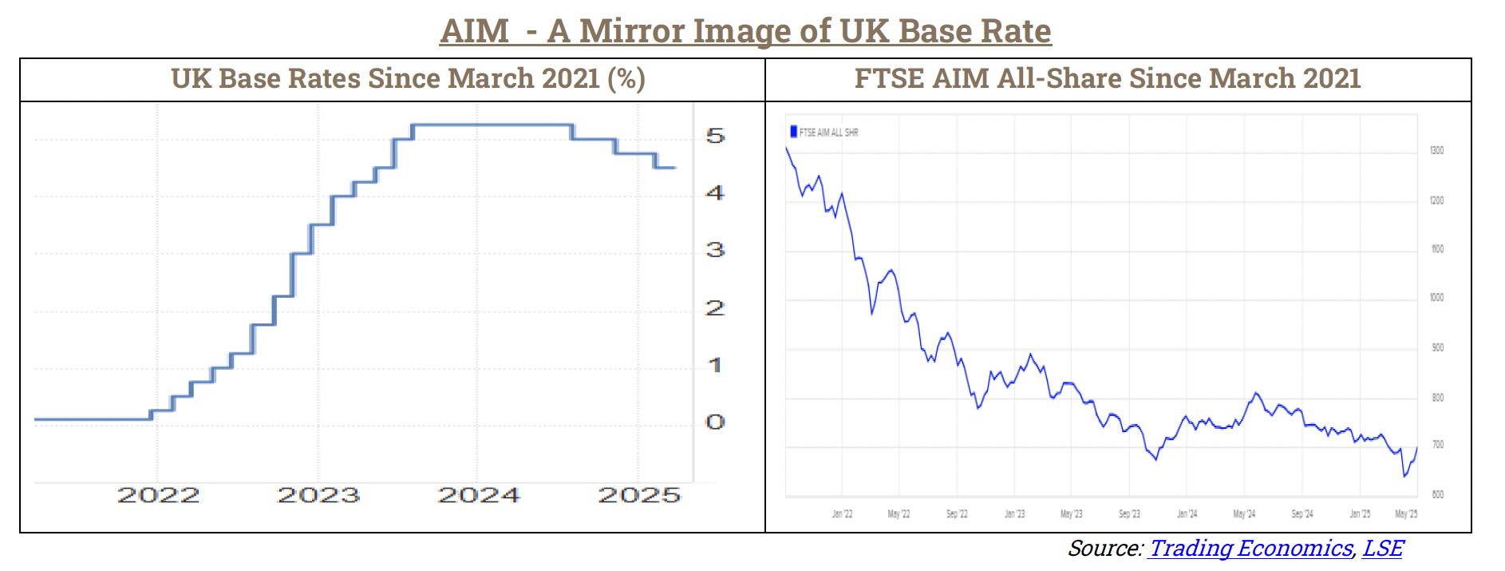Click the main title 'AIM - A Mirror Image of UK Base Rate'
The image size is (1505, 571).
tap(745, 31)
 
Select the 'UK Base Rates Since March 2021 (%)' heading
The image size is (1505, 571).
tap(408, 78)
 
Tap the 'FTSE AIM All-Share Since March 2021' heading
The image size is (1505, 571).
tap(1108, 78)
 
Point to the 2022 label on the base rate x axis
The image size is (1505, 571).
tap(158, 495)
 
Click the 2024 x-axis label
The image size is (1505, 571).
tap(479, 495)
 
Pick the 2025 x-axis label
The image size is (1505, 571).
tap(639, 495)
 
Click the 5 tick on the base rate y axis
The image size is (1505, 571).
tap(715, 136)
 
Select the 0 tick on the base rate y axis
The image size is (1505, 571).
tap(715, 422)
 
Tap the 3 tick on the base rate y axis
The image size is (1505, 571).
tap(715, 250)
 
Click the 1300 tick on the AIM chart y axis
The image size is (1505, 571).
tap(1436, 150)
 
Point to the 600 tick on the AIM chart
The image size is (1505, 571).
tap(1437, 494)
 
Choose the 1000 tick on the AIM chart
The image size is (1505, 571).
tap(1436, 297)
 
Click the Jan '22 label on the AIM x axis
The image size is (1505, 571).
tap(842, 514)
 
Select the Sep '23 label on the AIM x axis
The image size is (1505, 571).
tap(1129, 514)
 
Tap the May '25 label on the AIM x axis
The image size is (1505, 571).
tap(1406, 514)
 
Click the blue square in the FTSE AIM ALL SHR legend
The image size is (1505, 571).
tap(793, 132)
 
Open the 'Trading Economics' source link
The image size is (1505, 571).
tap(1250, 548)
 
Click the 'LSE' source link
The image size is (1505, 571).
tap(1383, 548)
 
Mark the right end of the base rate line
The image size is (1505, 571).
tap(675, 168)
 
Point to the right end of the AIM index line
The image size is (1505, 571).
tap(1417, 448)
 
